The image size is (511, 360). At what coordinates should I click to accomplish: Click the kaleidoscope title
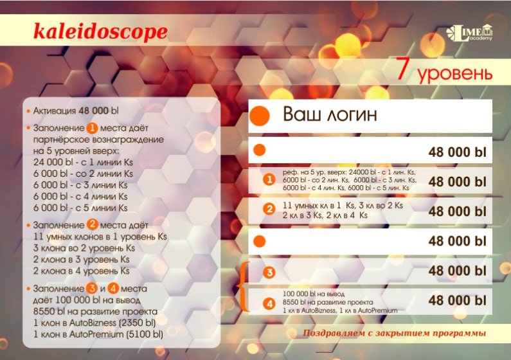pyautogui.click(x=100, y=32)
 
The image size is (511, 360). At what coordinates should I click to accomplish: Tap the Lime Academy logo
pyautogui.click(x=469, y=33)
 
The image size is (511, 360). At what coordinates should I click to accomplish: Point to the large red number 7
pyautogui.click(x=403, y=69)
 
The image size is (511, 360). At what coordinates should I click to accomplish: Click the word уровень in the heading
pyautogui.click(x=454, y=73)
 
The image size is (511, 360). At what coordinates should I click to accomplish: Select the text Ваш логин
pyautogui.click(x=330, y=114)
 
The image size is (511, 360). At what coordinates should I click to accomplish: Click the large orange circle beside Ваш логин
pyautogui.click(x=260, y=116)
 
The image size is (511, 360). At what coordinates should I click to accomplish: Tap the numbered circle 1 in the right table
pyautogui.click(x=269, y=179)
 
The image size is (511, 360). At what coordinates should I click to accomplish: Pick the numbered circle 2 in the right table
pyautogui.click(x=269, y=209)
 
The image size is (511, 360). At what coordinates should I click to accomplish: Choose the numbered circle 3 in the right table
pyautogui.click(x=269, y=273)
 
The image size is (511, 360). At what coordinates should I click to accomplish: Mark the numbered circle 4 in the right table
pyautogui.click(x=269, y=303)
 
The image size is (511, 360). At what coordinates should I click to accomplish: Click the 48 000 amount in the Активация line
pyautogui.click(x=94, y=111)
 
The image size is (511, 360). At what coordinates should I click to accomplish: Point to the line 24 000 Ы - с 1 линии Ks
pyautogui.click(x=83, y=162)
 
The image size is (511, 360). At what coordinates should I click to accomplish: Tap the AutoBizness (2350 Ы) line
pyautogui.click(x=94, y=323)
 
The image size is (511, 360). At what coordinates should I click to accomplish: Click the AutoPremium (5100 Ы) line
pyautogui.click(x=98, y=334)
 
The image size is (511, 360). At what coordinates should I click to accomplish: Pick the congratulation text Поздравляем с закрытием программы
pyautogui.click(x=394, y=333)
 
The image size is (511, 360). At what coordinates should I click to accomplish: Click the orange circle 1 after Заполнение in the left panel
pyautogui.click(x=92, y=128)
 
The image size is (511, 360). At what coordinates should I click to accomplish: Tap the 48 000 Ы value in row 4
pyautogui.click(x=457, y=300)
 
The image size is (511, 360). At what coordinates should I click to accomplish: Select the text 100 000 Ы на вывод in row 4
pyautogui.click(x=314, y=294)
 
